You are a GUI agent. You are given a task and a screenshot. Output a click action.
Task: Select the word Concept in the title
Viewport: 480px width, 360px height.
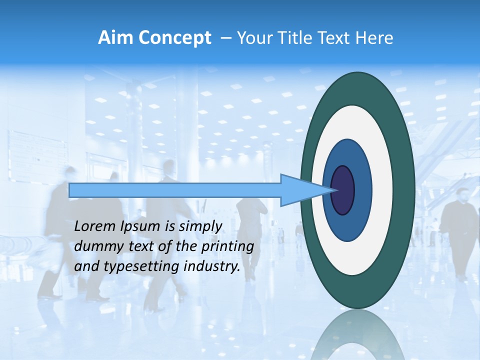pos(175,38)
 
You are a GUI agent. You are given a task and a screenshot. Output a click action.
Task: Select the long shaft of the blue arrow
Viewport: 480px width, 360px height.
pos(175,190)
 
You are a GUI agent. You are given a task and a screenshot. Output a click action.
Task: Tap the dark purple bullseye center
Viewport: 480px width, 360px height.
pos(343,190)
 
